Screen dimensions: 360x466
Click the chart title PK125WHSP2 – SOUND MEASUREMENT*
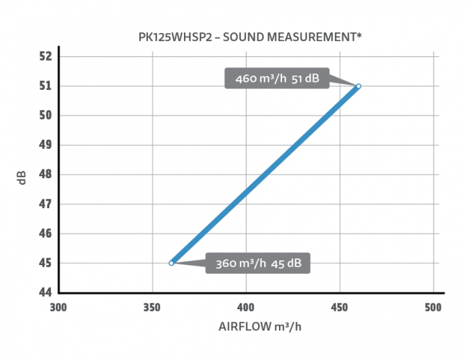tap(250, 37)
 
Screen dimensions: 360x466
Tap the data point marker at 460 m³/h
tap(359, 86)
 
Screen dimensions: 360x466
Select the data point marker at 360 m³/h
tap(171, 263)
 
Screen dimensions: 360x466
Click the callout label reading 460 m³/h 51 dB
tap(278, 79)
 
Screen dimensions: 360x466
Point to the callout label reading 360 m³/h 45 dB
tap(258, 263)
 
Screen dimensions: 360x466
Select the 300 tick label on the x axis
tap(59, 307)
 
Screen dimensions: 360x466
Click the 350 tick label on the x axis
tap(153, 307)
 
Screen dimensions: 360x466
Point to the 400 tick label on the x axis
tap(246, 307)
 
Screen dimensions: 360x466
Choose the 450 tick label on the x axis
tap(340, 307)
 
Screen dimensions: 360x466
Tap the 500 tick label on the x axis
tap(433, 307)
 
